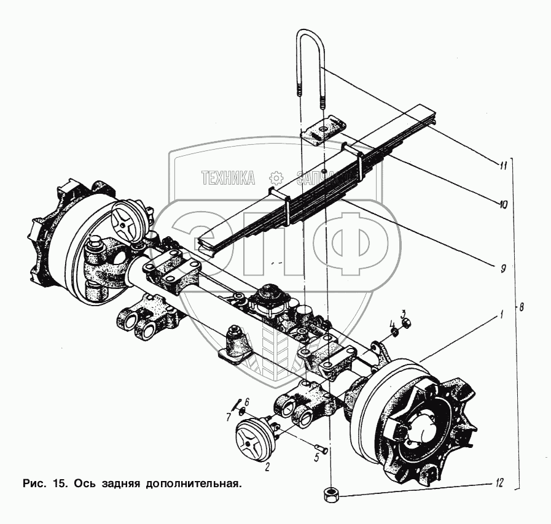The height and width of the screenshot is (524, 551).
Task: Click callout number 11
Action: (503, 164)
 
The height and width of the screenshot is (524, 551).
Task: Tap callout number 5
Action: (317, 457)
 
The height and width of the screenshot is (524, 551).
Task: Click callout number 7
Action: (228, 417)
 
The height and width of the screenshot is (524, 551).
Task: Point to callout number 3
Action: (404, 314)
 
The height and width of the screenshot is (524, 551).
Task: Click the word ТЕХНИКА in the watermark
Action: (229, 178)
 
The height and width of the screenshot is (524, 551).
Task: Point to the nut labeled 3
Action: (405, 324)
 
